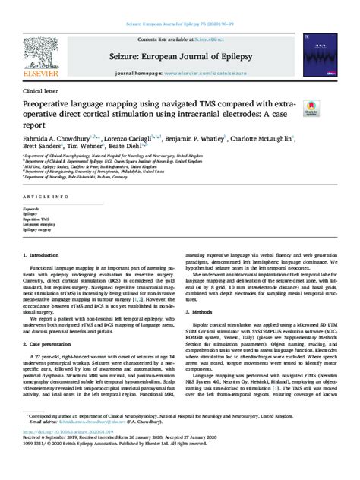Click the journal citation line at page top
180,8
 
